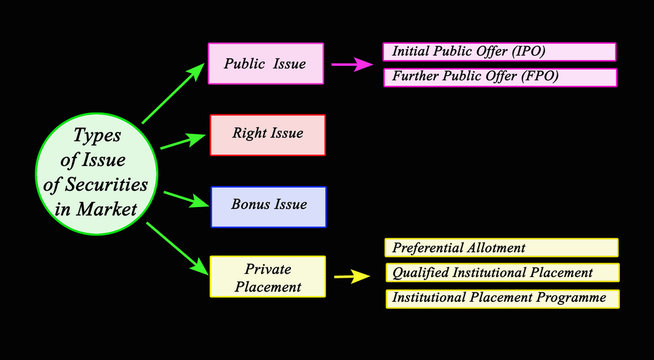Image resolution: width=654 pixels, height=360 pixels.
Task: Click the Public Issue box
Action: (265, 63)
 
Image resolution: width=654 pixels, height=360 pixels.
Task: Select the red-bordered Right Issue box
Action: (267, 134)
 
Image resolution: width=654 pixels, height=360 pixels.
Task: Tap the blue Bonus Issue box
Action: (267, 206)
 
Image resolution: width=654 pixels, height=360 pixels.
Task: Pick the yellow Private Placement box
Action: (267, 277)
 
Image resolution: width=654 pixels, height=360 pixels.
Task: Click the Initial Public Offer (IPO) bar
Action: (499, 51)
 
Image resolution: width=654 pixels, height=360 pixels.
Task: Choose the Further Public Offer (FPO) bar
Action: (499, 77)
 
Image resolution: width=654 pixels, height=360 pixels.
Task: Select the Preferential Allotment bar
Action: (501, 247)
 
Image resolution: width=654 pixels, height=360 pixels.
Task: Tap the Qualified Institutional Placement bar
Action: (501, 272)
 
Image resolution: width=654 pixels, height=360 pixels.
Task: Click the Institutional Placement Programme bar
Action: (501, 298)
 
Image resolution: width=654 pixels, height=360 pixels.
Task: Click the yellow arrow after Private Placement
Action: (351, 276)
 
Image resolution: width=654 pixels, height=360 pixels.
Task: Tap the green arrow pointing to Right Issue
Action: (183, 140)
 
